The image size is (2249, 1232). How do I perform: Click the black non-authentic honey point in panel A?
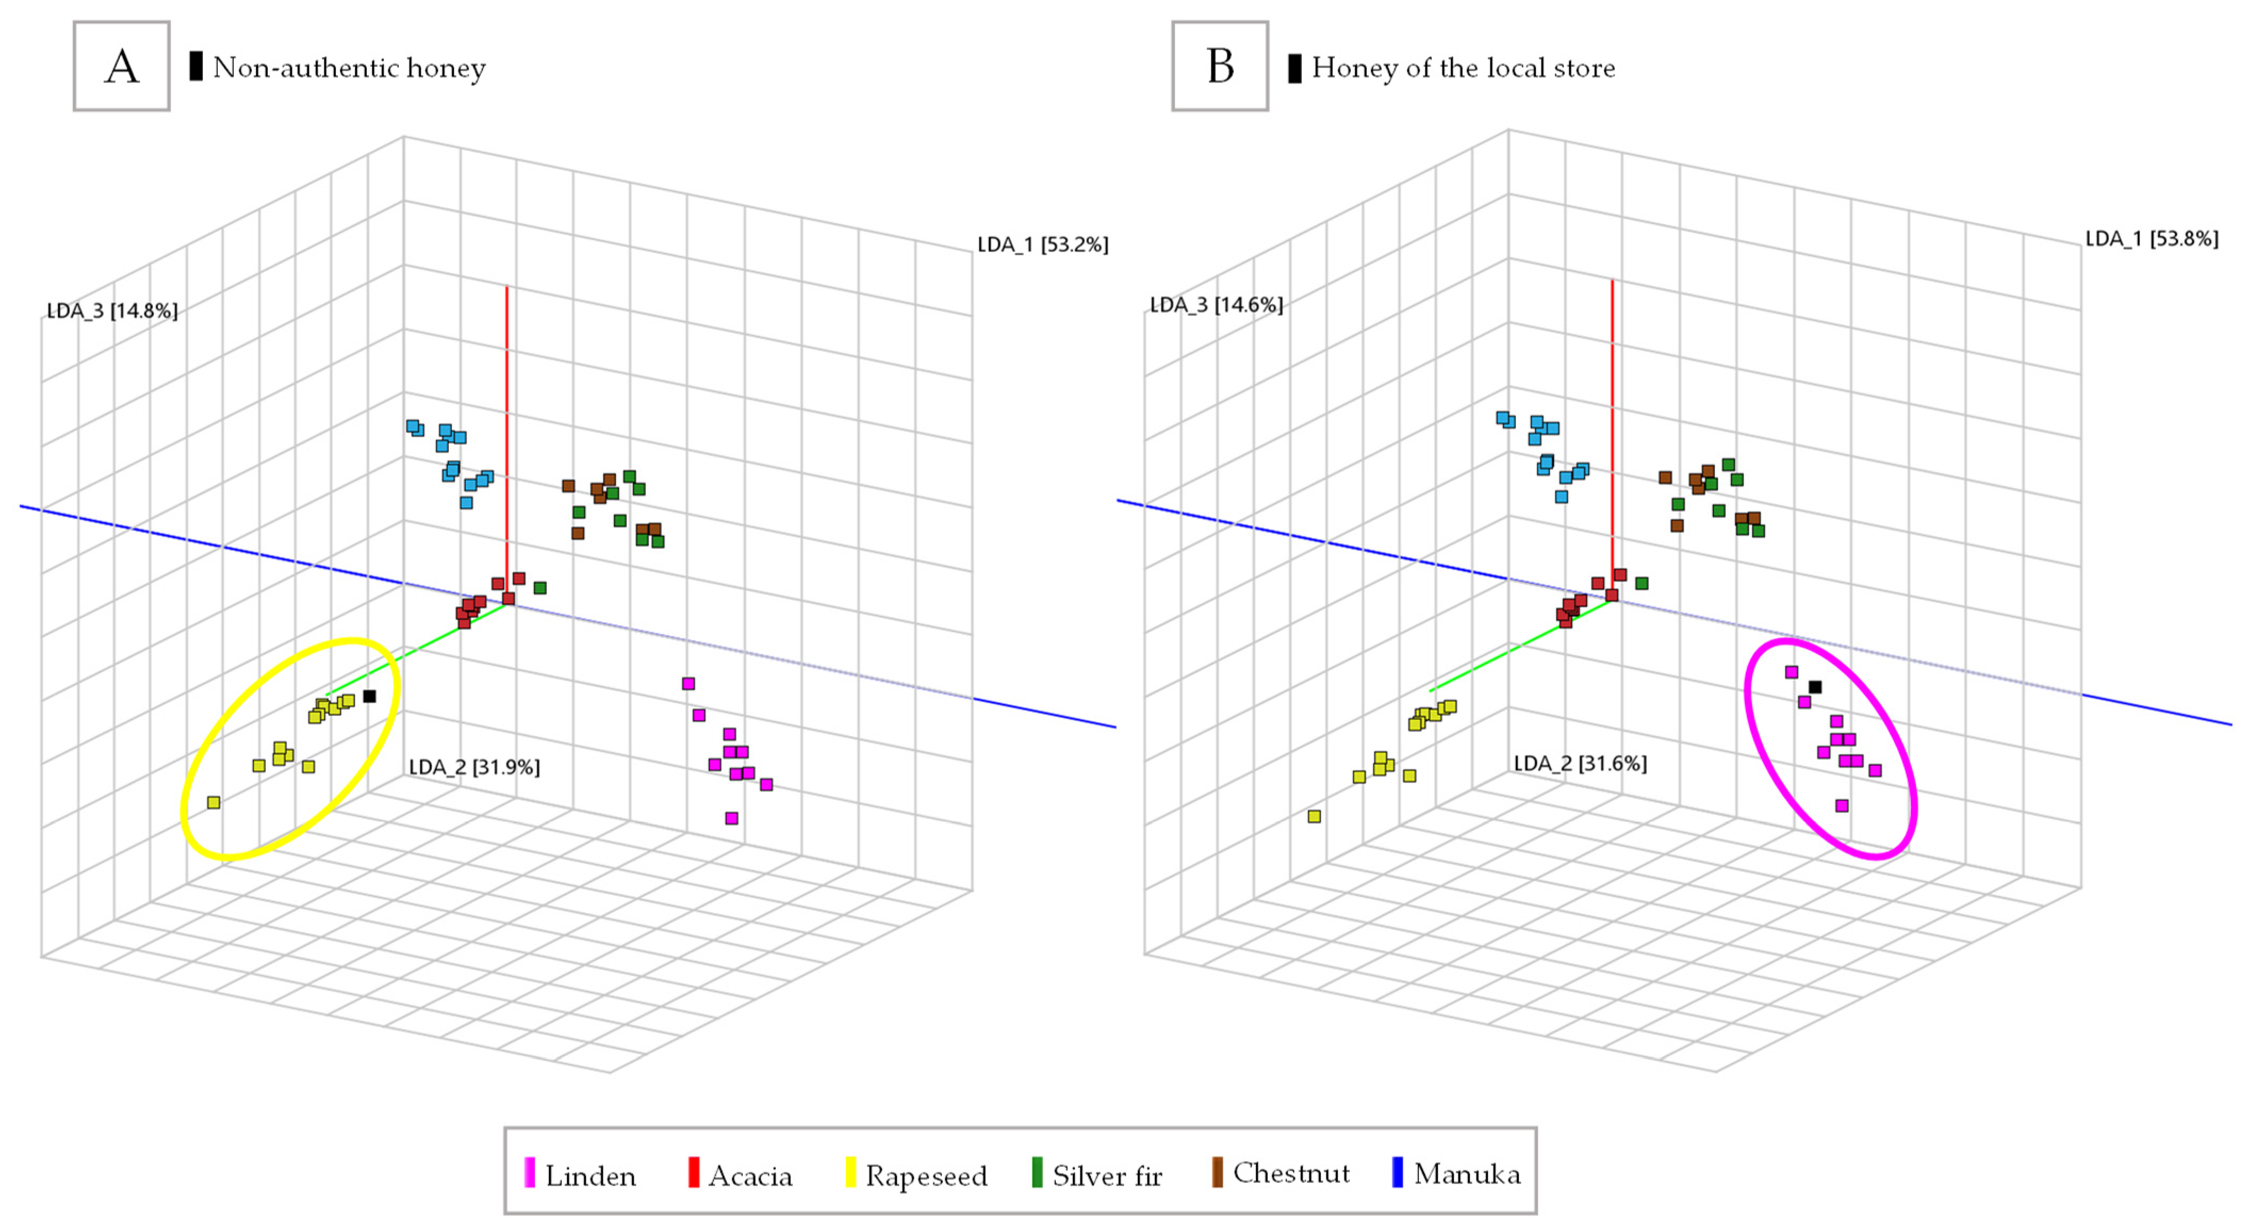(x=370, y=696)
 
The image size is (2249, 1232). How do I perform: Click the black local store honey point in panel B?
(x=1815, y=687)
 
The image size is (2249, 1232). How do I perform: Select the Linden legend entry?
(x=580, y=1174)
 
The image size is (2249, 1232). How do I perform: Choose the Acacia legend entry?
(x=741, y=1174)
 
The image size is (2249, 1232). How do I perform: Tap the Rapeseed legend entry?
(x=917, y=1174)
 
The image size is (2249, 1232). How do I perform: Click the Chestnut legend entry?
(x=1281, y=1173)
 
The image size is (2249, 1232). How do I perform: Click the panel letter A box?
(x=121, y=67)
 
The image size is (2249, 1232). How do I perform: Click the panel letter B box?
(x=1220, y=67)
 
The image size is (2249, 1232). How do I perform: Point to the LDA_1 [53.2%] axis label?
(x=1043, y=244)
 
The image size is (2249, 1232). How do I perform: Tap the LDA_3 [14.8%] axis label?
(x=112, y=311)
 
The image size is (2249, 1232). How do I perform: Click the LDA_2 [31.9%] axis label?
(x=474, y=766)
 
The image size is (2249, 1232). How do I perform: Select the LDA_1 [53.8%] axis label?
(x=2151, y=239)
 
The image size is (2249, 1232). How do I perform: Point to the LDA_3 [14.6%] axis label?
(x=1216, y=305)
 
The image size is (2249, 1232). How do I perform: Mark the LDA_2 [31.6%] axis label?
(x=1580, y=763)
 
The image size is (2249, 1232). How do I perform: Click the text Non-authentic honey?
(x=348, y=67)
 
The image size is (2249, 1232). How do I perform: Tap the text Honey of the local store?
(x=1463, y=67)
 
